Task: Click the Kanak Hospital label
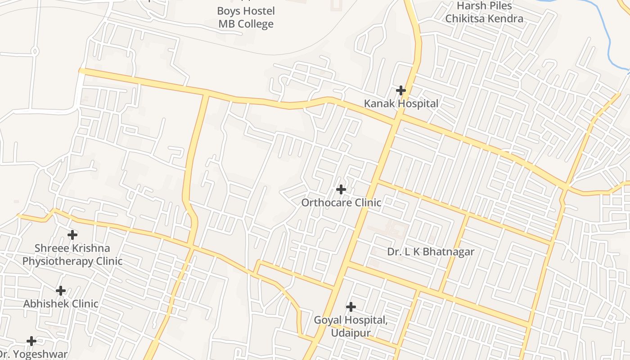pos(400,103)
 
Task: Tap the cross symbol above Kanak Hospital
pos(400,90)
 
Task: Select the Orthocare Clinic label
pos(341,202)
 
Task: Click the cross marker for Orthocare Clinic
pos(341,189)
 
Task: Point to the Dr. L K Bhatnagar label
pos(431,252)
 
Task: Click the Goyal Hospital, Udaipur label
pos(351,326)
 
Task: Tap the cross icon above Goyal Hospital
pos(351,307)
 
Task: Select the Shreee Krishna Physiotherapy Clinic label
pos(72,255)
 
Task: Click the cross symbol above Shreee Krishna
pos(72,235)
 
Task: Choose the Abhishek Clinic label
pos(61,304)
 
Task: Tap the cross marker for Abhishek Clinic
pos(61,291)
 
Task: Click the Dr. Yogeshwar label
pos(32,355)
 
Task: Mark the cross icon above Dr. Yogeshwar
pos(31,341)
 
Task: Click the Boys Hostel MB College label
pos(246,17)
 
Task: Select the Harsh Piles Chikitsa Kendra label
pos(484,12)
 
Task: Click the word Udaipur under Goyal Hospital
pos(351,333)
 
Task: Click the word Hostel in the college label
pos(258,11)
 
